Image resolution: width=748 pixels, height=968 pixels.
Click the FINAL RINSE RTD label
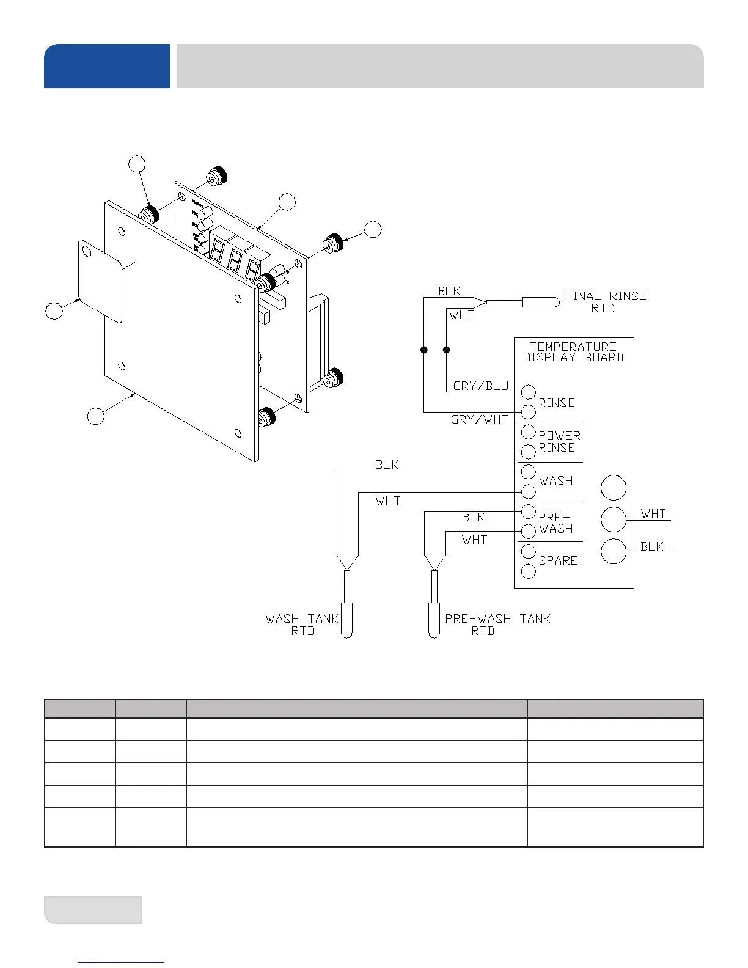click(605, 302)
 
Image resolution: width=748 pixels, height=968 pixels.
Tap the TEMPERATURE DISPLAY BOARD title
click(573, 352)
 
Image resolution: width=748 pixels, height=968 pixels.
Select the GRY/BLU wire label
click(480, 386)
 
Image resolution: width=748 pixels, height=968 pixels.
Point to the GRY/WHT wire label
click(479, 420)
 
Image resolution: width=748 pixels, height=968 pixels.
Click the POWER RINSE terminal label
click(559, 441)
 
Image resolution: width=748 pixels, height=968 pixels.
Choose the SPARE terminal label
click(558, 560)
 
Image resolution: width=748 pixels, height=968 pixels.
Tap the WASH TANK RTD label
click(302, 625)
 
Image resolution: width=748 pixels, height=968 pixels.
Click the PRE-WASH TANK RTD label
click(497, 625)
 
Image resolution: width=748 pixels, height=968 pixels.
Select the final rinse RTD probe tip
click(541, 302)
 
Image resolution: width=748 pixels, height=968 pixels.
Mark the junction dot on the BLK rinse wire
click(424, 350)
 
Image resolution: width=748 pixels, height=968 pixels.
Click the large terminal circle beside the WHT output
click(614, 519)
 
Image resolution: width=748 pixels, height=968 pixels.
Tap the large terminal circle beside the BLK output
click(614, 552)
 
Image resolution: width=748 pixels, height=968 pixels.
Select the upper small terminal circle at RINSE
click(529, 392)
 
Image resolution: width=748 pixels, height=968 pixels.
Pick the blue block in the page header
click(107, 66)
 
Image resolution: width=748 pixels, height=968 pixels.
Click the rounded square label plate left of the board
click(100, 280)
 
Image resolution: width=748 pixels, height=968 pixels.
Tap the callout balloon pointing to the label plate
click(54, 311)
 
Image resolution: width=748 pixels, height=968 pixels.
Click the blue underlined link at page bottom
click(121, 963)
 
